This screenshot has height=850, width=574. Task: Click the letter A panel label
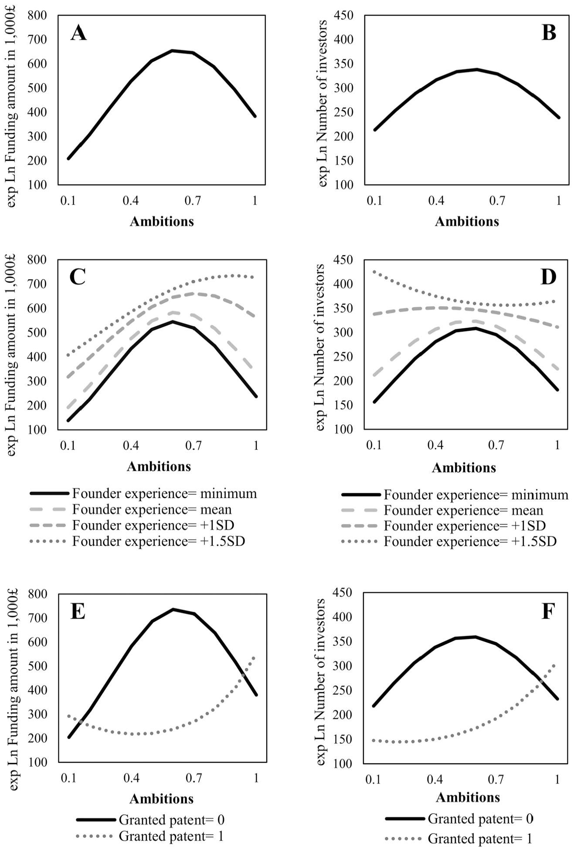(78, 33)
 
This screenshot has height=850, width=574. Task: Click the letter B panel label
(549, 33)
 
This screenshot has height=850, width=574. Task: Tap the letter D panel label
(548, 277)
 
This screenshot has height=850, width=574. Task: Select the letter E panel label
(78, 611)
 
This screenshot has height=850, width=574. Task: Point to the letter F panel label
(548, 611)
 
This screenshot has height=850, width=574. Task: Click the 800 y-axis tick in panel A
(37, 16)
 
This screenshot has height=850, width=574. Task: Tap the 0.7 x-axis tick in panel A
(193, 200)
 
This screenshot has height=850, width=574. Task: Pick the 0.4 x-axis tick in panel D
(435, 445)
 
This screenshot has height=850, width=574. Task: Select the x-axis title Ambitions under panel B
(467, 221)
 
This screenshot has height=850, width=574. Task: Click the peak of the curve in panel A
(173, 51)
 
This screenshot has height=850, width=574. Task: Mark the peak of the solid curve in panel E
(173, 609)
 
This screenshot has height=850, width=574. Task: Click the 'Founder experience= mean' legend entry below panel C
(131, 509)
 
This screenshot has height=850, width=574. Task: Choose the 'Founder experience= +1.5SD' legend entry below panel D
(449, 542)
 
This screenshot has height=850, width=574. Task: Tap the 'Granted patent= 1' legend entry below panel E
(150, 836)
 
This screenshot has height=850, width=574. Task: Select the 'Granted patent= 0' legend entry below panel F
(459, 819)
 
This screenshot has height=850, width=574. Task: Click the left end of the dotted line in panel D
(374, 271)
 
